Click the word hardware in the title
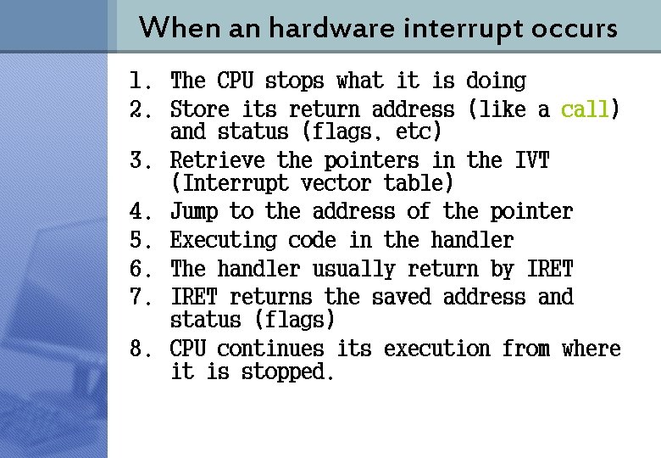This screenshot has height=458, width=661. click(x=328, y=28)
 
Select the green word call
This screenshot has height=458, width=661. click(x=585, y=109)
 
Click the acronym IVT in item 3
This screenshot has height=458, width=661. click(x=531, y=160)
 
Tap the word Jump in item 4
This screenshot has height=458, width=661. click(x=194, y=211)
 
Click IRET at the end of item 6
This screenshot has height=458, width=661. click(x=550, y=270)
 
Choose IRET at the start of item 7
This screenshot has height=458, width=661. click(x=194, y=298)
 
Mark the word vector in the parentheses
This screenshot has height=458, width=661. click(x=336, y=183)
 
